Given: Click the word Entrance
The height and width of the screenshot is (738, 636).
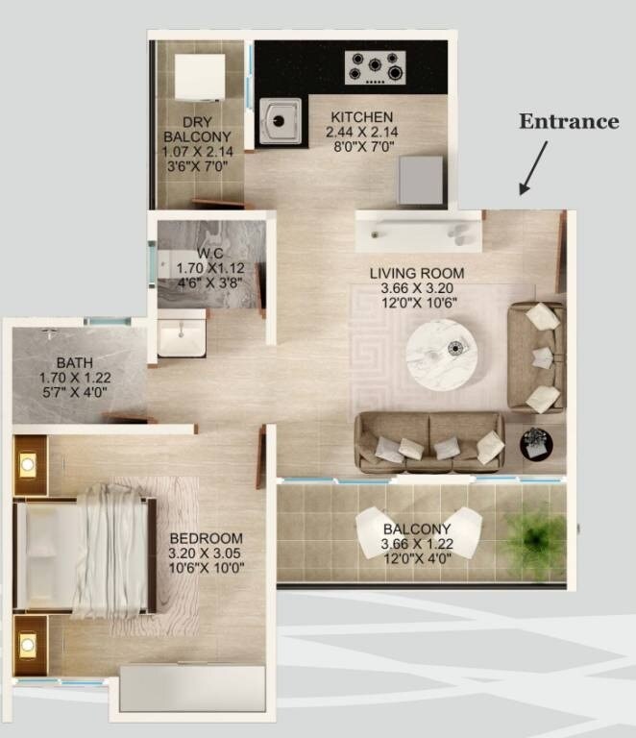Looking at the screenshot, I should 569,121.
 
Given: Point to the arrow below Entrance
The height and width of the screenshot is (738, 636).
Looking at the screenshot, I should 534,167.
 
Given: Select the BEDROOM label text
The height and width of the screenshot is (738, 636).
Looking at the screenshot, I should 206,538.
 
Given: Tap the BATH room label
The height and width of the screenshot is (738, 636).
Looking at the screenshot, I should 74,363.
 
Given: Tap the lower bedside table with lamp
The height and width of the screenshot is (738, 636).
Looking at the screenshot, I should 30,642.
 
